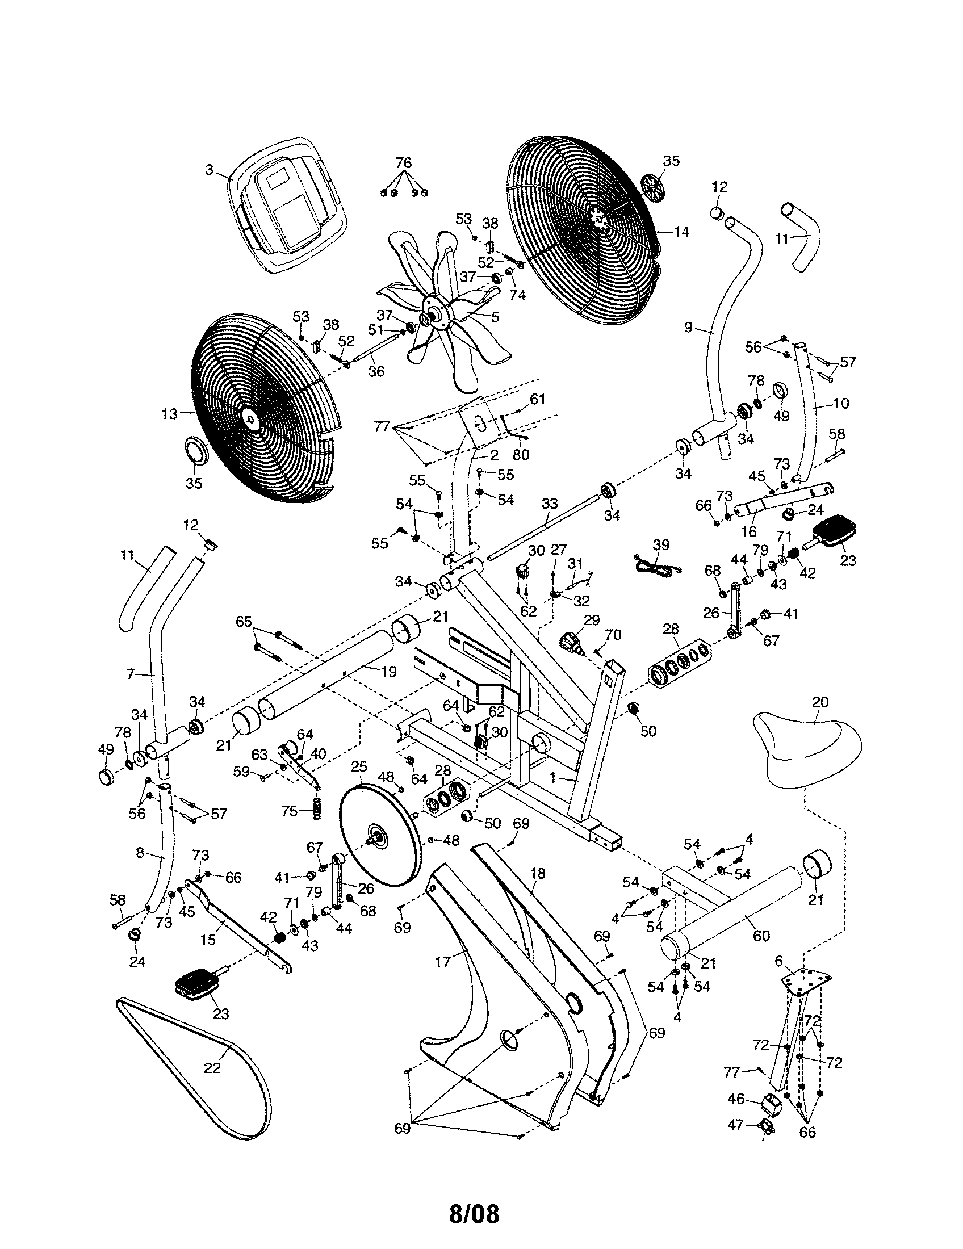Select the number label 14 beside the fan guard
click(681, 232)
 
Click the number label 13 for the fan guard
click(170, 414)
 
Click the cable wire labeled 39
click(658, 564)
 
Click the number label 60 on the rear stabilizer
click(761, 936)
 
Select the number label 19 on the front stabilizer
click(388, 672)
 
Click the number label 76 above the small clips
click(404, 163)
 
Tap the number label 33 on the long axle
click(549, 504)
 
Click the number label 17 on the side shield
click(443, 962)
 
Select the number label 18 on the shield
click(538, 873)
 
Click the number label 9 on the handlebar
click(689, 327)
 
